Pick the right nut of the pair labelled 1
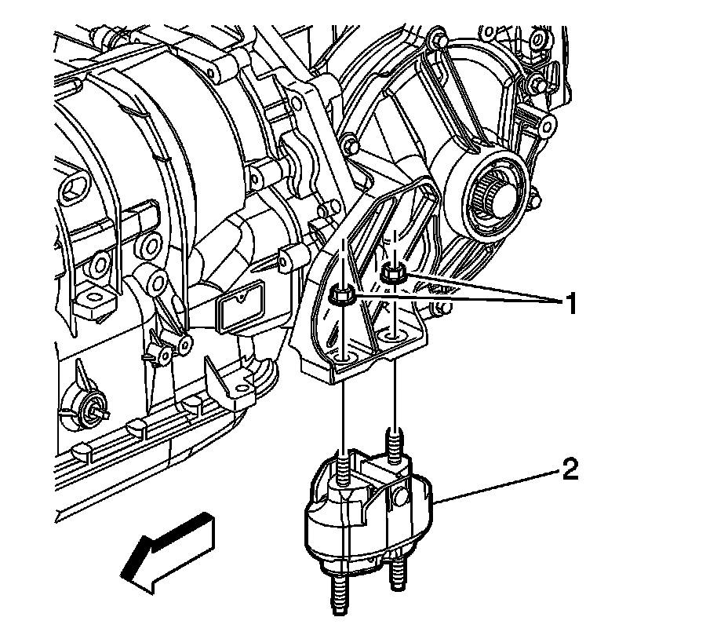391,275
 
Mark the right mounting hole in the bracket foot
391,336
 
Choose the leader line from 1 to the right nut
471,287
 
